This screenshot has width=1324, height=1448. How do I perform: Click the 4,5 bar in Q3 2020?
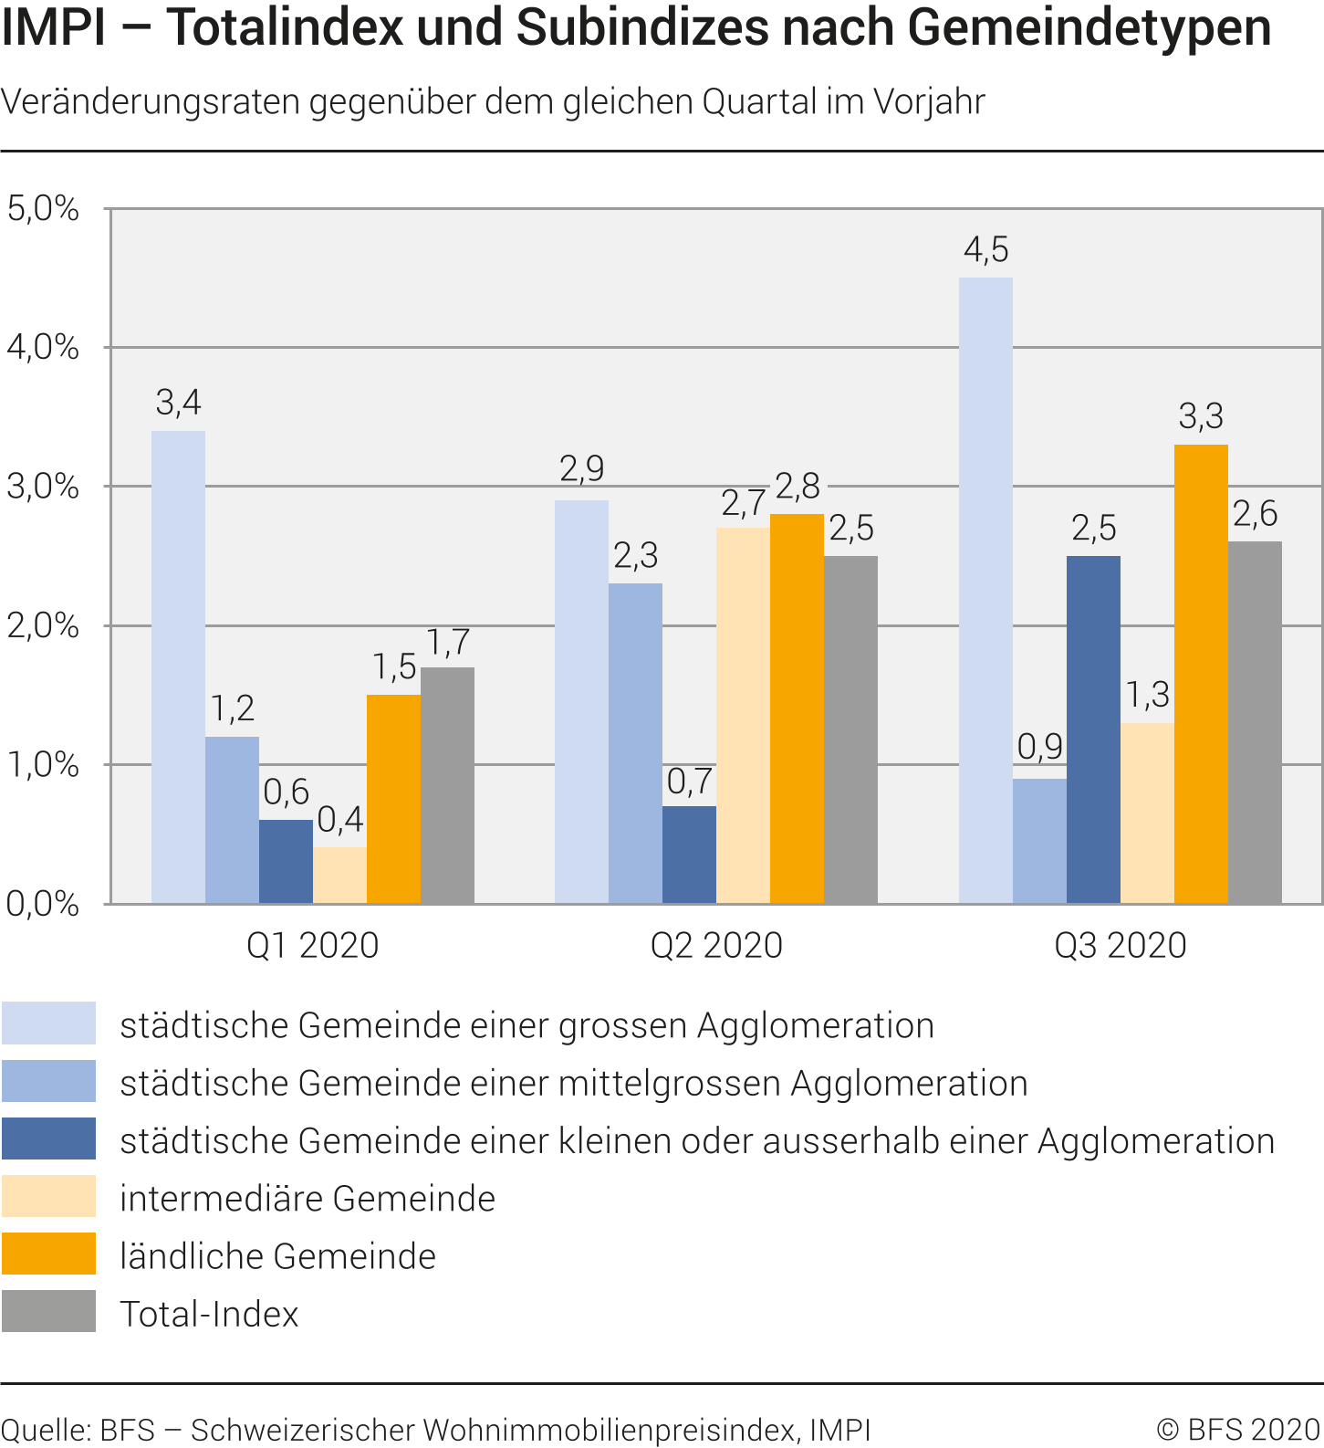coord(985,590)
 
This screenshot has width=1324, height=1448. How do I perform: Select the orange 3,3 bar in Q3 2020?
coord(1201,674)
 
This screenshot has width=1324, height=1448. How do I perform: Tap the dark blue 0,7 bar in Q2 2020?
coord(689,855)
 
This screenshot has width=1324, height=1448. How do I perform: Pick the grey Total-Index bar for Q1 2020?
coord(447,785)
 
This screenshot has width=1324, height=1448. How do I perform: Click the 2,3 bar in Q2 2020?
coord(635,743)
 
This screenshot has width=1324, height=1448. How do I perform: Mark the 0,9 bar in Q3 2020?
coord(1039,841)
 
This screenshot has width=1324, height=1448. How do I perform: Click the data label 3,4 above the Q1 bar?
coord(178,402)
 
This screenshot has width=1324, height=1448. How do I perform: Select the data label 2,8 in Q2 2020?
coord(798,487)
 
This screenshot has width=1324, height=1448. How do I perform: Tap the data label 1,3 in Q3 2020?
coord(1147,696)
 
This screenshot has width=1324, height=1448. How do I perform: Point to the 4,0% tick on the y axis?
coord(43,347)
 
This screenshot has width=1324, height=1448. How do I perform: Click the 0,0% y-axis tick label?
coord(43,904)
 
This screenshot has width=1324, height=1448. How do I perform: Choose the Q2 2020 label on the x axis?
coord(716,945)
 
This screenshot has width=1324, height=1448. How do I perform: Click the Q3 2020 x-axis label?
coord(1120,945)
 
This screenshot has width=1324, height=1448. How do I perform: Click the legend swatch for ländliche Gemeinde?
coord(48,1254)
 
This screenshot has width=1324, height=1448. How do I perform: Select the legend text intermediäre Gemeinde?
coord(308,1198)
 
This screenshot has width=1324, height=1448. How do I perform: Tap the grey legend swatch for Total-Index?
coord(48,1311)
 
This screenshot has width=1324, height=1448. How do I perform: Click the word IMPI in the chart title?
coord(53,27)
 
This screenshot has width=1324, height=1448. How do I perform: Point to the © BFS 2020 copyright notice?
coord(1238,1429)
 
